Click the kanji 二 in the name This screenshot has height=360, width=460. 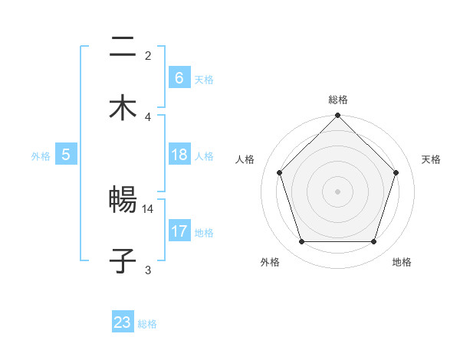click(123, 48)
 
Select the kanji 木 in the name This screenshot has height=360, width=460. click(123, 109)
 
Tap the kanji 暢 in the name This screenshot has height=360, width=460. click(123, 201)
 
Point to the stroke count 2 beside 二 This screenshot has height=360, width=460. click(148, 55)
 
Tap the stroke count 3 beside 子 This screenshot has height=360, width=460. click(148, 270)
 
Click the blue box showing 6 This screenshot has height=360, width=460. click(179, 78)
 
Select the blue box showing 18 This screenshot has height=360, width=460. click(179, 155)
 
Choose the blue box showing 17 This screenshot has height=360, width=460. click(179, 231)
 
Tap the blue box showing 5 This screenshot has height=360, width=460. click(66, 155)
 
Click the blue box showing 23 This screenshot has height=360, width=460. click(123, 322)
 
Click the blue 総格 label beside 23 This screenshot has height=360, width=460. click(147, 324)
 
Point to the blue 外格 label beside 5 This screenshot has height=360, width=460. click(41, 156)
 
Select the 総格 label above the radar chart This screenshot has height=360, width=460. click(338, 100)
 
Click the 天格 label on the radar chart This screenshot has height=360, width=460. click(431, 159)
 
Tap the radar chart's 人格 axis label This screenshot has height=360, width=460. click(245, 159)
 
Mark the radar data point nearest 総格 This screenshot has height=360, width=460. click(338, 116)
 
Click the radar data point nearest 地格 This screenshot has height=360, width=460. click(374, 242)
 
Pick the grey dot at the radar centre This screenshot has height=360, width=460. click(338, 191)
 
